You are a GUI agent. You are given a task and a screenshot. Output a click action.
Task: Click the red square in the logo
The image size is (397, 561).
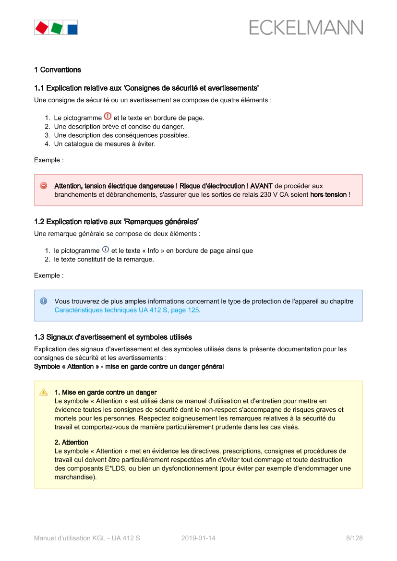coord(42,27)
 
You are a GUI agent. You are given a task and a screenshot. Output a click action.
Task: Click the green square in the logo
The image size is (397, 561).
coord(57,28)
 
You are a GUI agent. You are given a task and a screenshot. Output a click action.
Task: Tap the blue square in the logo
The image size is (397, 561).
coord(72,28)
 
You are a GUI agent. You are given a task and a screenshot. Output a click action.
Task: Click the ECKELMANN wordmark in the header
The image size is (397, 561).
coord(306,28)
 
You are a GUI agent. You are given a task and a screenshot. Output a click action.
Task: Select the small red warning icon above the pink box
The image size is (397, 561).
coord(108,116)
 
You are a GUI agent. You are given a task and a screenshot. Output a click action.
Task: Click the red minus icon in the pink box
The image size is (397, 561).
coord(43,186)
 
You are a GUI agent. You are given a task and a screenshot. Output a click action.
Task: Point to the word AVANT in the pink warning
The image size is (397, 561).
coord(261,186)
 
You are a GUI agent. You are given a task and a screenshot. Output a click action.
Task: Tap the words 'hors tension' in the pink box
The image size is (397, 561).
coord(328,195)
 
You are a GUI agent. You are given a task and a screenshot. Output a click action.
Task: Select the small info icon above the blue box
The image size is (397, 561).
coord(106,249)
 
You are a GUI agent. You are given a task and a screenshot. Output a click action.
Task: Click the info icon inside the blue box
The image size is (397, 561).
coord(43,301)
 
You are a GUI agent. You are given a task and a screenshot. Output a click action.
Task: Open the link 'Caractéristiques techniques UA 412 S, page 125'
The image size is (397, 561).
coord(127,310)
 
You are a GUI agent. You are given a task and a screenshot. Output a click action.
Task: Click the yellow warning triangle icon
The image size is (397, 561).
coord(43,392)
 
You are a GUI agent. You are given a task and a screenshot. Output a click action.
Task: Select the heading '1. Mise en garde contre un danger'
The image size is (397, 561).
coord(106,393)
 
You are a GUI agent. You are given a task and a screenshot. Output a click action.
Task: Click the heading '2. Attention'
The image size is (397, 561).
coord(71,442)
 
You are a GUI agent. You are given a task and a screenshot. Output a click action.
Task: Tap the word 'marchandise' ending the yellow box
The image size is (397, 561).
coord(74,477)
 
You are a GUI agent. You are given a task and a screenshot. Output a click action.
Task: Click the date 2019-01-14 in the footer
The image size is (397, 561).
coord(198,538)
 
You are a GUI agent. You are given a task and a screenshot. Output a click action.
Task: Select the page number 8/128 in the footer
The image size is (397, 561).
coord(354,538)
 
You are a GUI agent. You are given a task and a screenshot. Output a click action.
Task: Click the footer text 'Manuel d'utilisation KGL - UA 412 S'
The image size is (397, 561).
coord(87,538)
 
